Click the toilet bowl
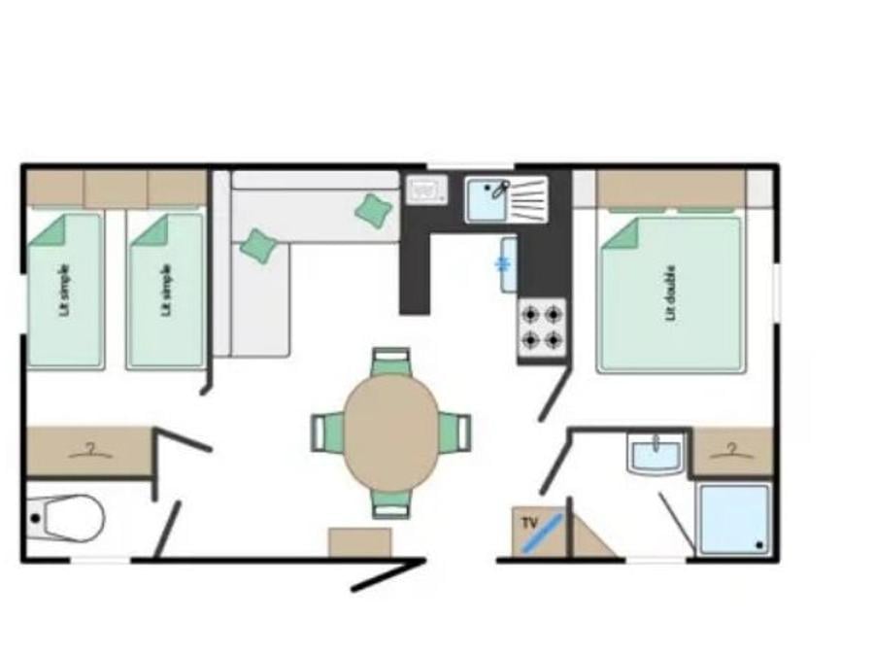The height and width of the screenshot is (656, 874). [67, 518]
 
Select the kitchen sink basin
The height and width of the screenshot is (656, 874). [487, 200]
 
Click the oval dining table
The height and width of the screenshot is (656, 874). [391, 432]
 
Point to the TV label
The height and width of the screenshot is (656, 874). [529, 523]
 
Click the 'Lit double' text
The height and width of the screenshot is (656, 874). [670, 293]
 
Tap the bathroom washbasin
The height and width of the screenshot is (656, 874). [655, 453]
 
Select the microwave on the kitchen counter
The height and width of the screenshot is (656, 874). [427, 190]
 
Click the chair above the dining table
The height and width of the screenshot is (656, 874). [391, 361]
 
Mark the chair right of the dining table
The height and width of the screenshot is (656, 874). [454, 432]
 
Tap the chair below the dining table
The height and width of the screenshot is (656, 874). [391, 505]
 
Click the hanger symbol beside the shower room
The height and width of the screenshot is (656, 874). [732, 451]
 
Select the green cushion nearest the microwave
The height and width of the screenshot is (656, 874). [374, 210]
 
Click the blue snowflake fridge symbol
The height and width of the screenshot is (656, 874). [504, 264]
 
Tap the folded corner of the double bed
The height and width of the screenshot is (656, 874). [620, 233]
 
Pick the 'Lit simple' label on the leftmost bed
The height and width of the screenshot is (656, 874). [66, 291]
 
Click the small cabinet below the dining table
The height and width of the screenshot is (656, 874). [360, 542]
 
